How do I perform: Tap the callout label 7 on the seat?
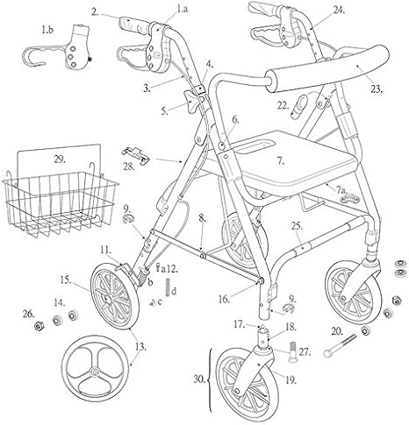coord(281,162)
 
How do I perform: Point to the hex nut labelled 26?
coord(40,326)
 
